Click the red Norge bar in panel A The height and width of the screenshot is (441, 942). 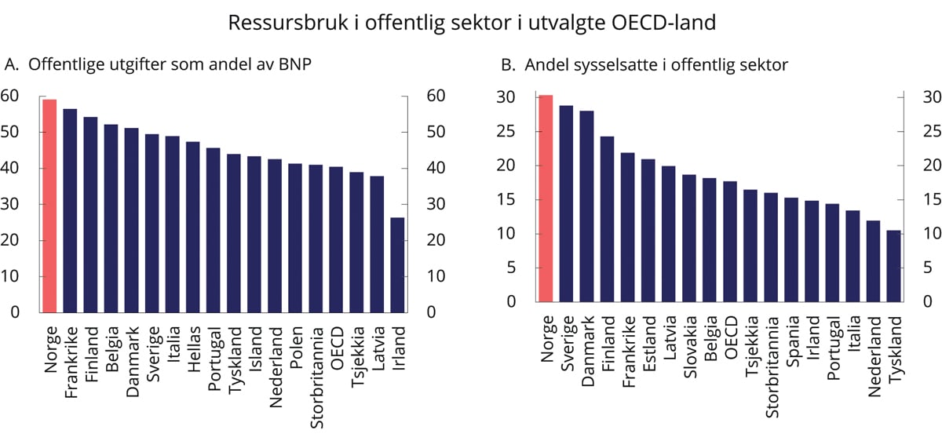pyautogui.click(x=49, y=206)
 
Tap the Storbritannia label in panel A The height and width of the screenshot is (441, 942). pyautogui.click(x=316, y=363)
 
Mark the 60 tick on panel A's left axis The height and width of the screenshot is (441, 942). pyautogui.click(x=10, y=96)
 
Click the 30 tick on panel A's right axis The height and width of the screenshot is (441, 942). pyautogui.click(x=436, y=204)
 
